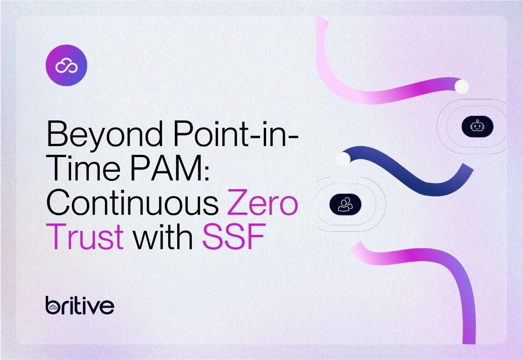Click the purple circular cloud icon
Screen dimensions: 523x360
[66, 65]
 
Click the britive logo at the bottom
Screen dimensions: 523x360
[80, 305]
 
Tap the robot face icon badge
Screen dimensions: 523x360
[477, 126]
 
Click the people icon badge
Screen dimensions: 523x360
[345, 204]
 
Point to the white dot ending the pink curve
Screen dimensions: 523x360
[462, 87]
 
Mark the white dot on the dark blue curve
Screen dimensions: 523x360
[343, 159]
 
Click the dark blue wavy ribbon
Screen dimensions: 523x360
[411, 170]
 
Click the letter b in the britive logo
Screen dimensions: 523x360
[53, 305]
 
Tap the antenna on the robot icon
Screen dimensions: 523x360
[477, 121]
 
